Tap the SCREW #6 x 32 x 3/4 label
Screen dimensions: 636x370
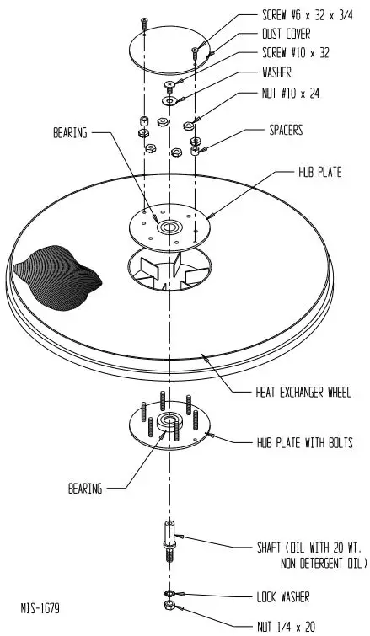tap(302, 15)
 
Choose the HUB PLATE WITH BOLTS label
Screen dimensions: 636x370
tap(304, 441)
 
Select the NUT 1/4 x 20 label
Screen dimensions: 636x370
tap(287, 626)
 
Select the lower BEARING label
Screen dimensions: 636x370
tap(84, 487)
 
